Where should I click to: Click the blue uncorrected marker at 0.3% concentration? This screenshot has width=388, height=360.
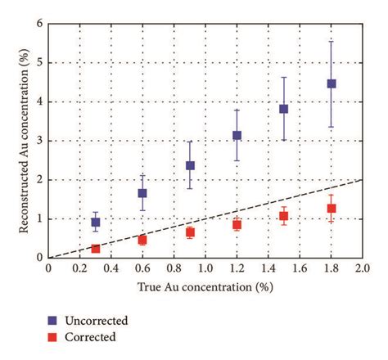(x=96, y=223)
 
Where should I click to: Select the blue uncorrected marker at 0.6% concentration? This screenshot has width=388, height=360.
(x=142, y=193)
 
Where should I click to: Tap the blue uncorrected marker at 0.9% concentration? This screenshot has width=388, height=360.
(x=190, y=165)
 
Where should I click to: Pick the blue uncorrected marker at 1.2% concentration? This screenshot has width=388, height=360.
(x=237, y=135)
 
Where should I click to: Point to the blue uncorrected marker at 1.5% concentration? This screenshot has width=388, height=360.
(x=284, y=109)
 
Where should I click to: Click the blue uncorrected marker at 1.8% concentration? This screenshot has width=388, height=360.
(x=332, y=83)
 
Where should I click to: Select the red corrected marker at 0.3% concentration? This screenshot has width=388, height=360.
(x=96, y=248)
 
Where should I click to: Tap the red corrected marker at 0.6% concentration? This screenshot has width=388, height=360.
(x=142, y=240)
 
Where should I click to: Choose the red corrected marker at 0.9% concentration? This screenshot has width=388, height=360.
(x=190, y=232)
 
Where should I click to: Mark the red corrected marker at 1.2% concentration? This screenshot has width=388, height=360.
(x=237, y=224)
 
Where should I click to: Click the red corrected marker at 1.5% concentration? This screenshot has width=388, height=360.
(x=284, y=216)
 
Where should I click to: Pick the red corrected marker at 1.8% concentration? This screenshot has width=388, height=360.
(x=332, y=209)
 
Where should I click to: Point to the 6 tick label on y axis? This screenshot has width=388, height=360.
(x=39, y=24)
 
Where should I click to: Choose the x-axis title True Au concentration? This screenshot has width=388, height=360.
(x=205, y=286)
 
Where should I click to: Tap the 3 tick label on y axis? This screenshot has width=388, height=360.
(x=39, y=141)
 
